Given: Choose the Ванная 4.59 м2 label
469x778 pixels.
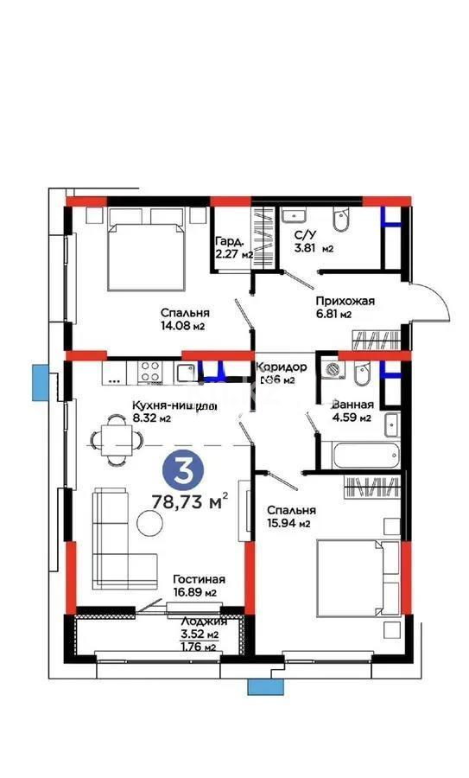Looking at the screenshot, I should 352,411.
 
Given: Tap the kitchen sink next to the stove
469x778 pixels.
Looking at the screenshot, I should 187,373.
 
